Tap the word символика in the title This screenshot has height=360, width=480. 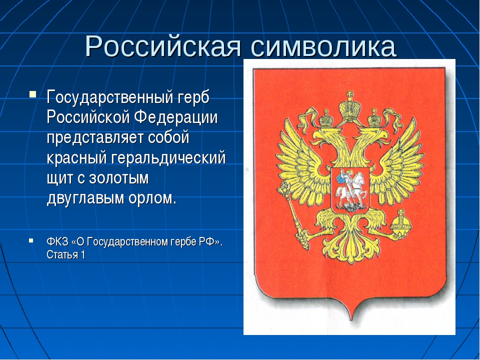pos(323,46)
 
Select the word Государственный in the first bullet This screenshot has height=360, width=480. pos(108,97)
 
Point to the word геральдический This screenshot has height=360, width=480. pos(168,158)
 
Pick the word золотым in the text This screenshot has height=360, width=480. pos(119,178)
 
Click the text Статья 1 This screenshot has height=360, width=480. pos(66,254)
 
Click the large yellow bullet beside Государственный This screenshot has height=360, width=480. pos(33,93)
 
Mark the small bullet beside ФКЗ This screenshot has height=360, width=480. pos(31,240)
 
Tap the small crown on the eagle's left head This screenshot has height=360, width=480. pos(325,118)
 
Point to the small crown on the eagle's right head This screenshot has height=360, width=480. pos(374,117)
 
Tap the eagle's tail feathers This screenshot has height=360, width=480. pos(351,245)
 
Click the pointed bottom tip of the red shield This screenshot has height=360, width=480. pos(351,319)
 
